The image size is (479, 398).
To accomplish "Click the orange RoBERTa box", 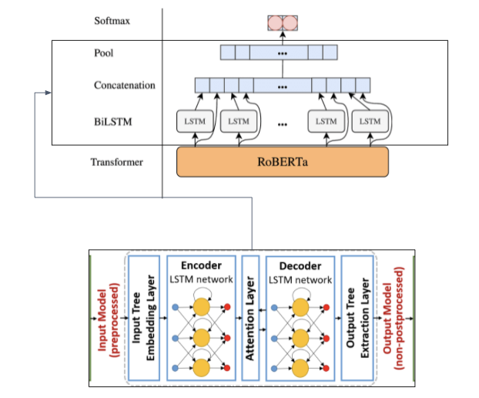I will [283, 162].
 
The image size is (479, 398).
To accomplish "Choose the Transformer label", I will [116, 162].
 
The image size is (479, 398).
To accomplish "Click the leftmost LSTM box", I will [193, 121].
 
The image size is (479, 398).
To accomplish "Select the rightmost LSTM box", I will [370, 121].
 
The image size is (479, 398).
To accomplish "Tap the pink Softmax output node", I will [281, 21].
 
